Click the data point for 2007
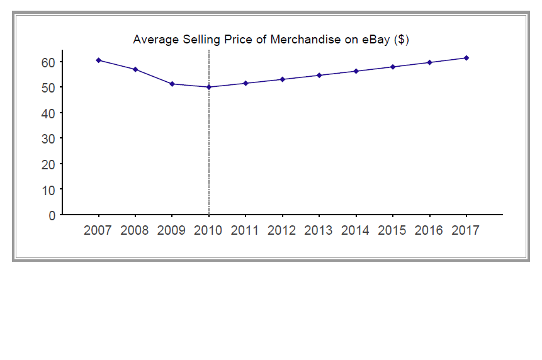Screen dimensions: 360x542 [98, 60]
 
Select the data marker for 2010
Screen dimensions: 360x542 [209, 87]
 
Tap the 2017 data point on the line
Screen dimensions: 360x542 [466, 58]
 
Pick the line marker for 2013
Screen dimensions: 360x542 [319, 76]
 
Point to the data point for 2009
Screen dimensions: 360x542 [172, 84]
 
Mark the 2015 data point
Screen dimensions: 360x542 [393, 67]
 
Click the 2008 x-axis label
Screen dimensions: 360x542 [134, 230]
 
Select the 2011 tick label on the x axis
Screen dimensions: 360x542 [245, 230]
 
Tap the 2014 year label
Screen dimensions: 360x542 [355, 230]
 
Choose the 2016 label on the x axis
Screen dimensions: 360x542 [429, 230]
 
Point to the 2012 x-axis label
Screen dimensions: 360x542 [281, 230]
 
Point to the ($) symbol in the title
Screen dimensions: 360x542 [401, 40]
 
